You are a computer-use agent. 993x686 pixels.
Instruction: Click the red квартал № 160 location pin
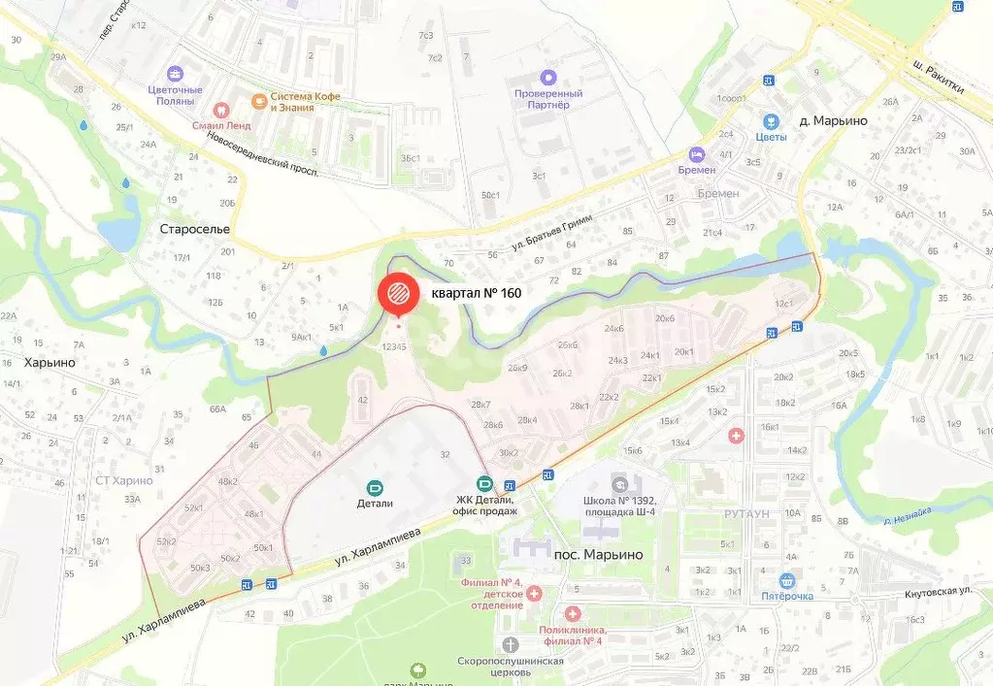coord(398,293)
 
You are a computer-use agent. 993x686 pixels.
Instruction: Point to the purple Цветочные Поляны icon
coord(175,74)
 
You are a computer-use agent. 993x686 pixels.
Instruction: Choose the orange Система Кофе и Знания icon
coord(258,100)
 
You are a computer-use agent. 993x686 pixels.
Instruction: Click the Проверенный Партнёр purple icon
coord(548,76)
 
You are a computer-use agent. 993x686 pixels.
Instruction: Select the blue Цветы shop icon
coord(772,121)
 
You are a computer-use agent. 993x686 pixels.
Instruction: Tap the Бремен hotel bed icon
coord(696,154)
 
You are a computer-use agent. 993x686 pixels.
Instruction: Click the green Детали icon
coord(374,487)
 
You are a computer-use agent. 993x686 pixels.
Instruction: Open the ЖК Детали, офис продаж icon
coord(483,483)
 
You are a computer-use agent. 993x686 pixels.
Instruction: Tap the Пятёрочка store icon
coord(786,580)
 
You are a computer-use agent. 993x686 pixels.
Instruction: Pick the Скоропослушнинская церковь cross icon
coord(511,644)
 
